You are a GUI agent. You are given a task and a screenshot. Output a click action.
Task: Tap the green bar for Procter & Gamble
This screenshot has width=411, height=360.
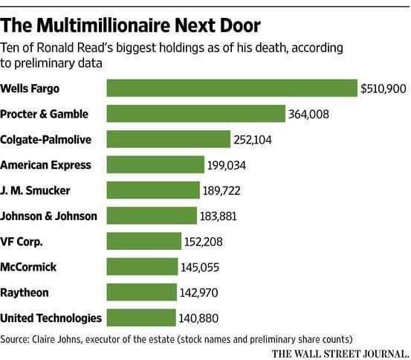tap(196, 114)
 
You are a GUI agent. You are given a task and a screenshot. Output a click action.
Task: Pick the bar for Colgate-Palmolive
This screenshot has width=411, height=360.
tap(169, 139)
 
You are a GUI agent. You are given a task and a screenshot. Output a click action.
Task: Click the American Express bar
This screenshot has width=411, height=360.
tap(155, 164)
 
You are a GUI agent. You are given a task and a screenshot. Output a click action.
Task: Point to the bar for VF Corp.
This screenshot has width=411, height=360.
tap(144, 241)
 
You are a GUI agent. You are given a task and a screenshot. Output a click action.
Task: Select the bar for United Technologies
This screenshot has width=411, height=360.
tap(141, 318)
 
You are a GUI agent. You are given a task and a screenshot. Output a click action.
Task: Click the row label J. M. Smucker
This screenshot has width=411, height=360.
tap(36, 190)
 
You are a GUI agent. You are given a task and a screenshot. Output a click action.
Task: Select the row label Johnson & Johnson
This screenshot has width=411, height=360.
tap(48, 216)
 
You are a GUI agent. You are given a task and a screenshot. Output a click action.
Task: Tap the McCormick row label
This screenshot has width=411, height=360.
tap(30, 267)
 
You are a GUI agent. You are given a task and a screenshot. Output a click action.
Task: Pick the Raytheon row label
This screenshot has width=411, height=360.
tap(26, 292)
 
